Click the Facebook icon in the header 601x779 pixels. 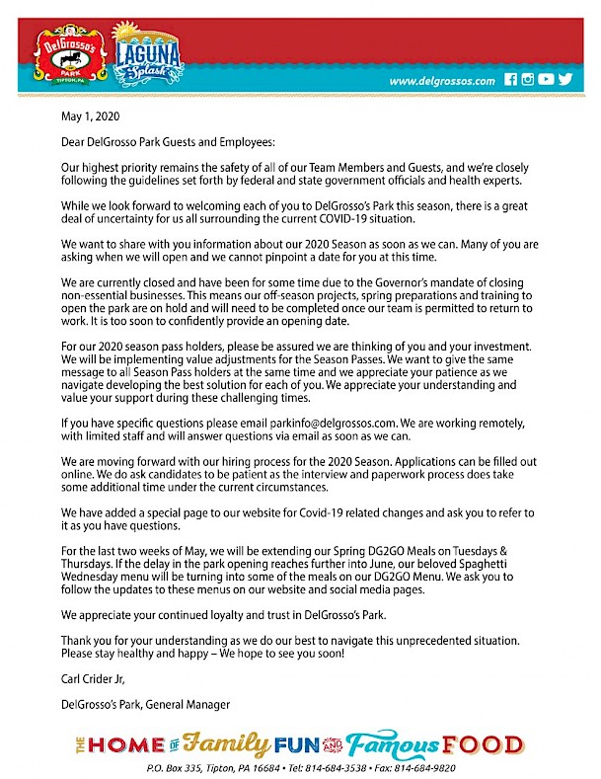[x=511, y=80]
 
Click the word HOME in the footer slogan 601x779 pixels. [x=129, y=744]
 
